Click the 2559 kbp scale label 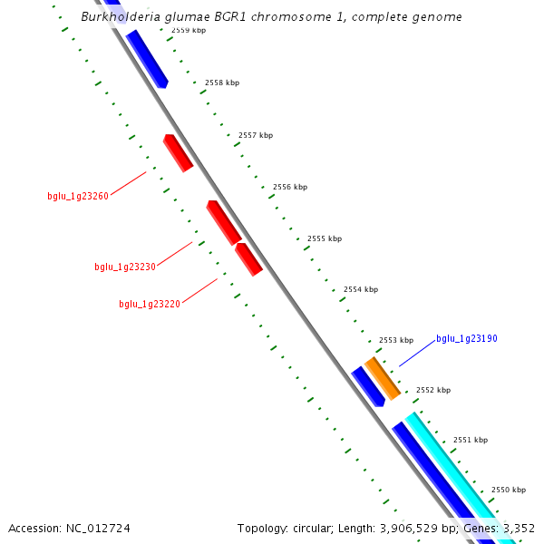(x=188, y=31)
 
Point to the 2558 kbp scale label (x=222, y=83)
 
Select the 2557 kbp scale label (x=256, y=135)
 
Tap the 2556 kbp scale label (x=290, y=187)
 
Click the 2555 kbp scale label (x=325, y=238)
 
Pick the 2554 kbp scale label (x=361, y=289)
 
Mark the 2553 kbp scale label (x=396, y=340)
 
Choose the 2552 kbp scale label (x=433, y=390)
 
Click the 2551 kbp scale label (x=471, y=440)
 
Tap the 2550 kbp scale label (x=509, y=490)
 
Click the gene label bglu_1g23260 (x=78, y=196)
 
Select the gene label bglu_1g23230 (x=125, y=267)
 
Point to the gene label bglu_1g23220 (x=150, y=305)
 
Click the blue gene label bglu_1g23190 (x=467, y=339)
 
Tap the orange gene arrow (x=382, y=378)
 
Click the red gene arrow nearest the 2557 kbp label (x=178, y=152)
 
